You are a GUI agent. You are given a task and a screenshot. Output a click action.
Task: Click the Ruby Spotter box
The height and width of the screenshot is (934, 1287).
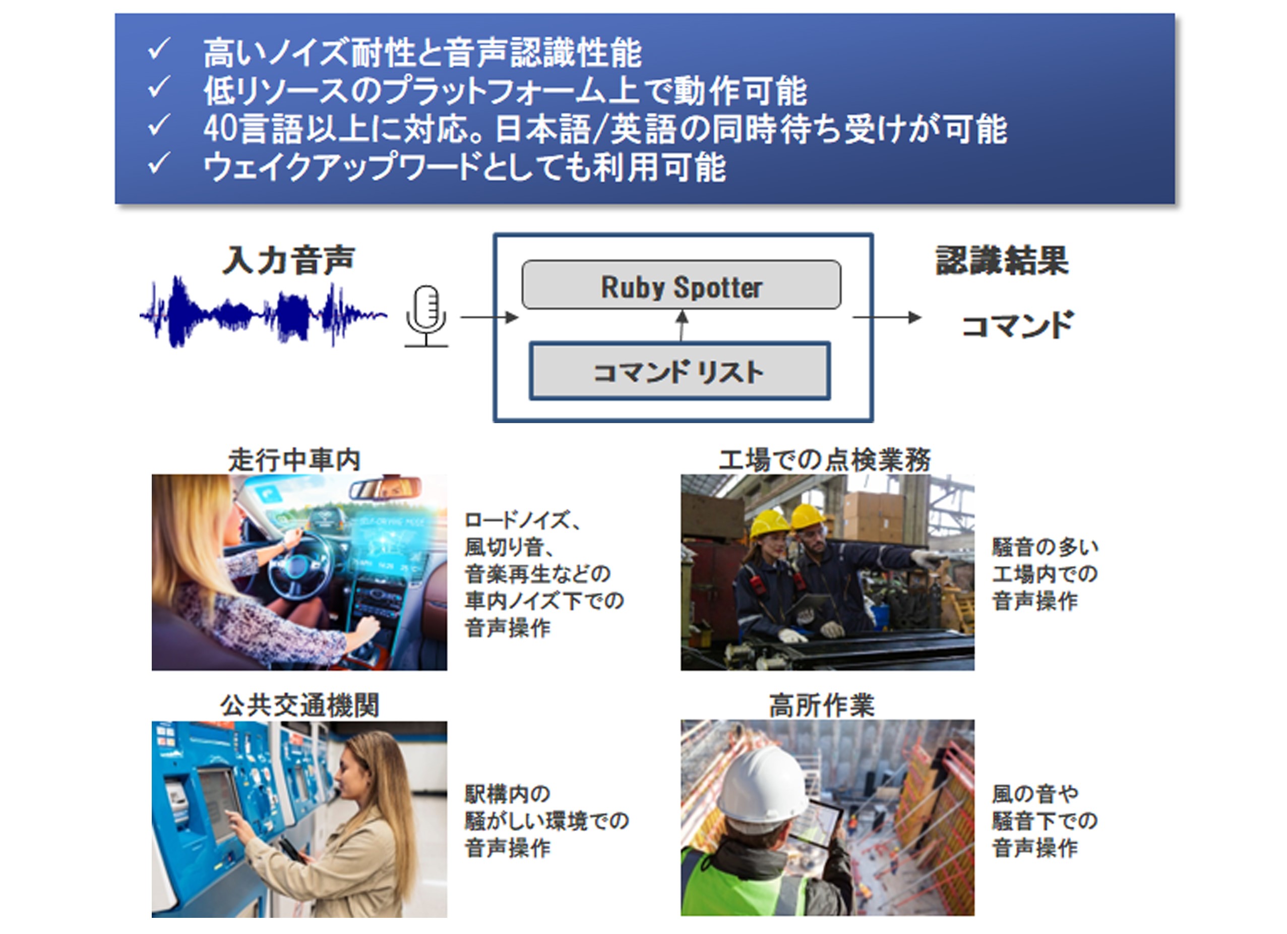(x=681, y=285)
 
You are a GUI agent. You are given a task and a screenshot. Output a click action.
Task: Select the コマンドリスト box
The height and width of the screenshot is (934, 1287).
(x=680, y=371)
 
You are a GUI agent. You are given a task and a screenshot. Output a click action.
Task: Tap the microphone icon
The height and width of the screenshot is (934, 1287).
(x=426, y=316)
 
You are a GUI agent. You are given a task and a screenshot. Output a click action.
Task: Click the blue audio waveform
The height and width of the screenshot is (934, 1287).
(x=263, y=312)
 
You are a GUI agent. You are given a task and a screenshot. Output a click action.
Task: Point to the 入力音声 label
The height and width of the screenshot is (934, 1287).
(x=289, y=260)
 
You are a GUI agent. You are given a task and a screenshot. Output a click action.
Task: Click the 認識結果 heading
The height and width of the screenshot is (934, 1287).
(x=1002, y=261)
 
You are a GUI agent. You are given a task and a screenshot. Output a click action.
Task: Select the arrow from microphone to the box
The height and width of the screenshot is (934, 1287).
(x=489, y=317)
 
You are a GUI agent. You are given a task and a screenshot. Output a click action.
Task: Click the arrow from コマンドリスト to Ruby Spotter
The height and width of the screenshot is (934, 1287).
(x=682, y=325)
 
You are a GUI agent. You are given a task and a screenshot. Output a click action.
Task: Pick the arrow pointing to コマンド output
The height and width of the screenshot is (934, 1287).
(x=887, y=317)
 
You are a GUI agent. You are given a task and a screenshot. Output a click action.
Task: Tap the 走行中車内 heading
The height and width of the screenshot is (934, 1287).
(x=294, y=459)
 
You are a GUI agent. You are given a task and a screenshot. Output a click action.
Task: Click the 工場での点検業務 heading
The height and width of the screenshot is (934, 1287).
(x=825, y=459)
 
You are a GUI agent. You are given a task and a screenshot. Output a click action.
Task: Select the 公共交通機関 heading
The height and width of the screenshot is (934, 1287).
(x=299, y=705)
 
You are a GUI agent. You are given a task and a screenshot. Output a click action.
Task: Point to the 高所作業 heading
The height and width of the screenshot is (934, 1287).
(x=822, y=705)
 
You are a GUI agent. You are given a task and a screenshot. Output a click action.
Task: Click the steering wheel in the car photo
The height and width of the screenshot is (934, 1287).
(x=300, y=564)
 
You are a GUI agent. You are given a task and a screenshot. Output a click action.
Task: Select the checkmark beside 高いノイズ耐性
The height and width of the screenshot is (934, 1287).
(x=159, y=49)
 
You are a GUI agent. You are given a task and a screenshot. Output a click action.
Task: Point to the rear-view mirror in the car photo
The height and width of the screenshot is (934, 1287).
(x=385, y=488)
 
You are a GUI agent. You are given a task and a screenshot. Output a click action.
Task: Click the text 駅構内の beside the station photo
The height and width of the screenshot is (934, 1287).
(x=507, y=794)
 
